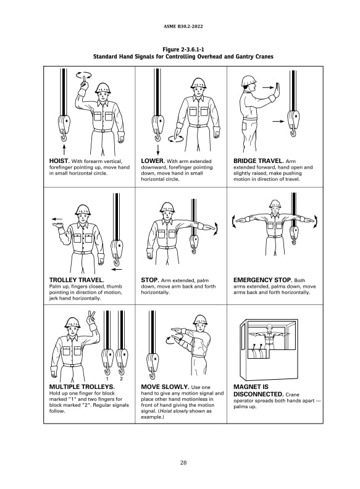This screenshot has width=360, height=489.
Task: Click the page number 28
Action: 183,463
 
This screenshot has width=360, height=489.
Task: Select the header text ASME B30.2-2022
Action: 183,26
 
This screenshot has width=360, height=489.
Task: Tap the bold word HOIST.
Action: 59,161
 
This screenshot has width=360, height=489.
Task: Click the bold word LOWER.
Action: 153,161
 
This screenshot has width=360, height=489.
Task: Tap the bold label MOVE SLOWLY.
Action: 165,387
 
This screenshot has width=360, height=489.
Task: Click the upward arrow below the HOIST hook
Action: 64,149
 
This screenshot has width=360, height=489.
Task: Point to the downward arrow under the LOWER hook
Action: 158,149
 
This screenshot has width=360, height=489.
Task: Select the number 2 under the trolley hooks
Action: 122,378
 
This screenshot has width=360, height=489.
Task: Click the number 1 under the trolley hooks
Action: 107,378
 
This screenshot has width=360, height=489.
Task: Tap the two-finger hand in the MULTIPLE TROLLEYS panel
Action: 93,319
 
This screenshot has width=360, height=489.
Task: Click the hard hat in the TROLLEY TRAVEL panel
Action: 82,209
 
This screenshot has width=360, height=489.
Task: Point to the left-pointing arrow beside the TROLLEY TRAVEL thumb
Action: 57,219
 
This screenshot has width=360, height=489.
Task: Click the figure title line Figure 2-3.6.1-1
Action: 183,49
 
